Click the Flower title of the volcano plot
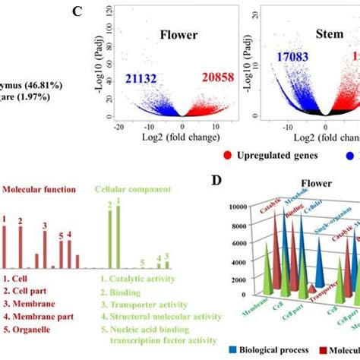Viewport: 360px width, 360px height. (x=178, y=34)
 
